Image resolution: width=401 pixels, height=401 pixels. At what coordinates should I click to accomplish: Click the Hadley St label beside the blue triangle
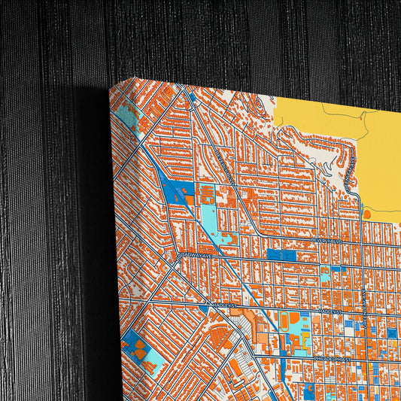click(x=219, y=305)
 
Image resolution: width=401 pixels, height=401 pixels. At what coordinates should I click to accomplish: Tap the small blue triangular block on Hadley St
click(x=204, y=308)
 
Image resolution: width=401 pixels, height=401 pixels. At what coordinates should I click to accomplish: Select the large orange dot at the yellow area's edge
click(x=366, y=214)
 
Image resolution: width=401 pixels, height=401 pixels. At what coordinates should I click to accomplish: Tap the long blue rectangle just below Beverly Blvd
click(x=281, y=255)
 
